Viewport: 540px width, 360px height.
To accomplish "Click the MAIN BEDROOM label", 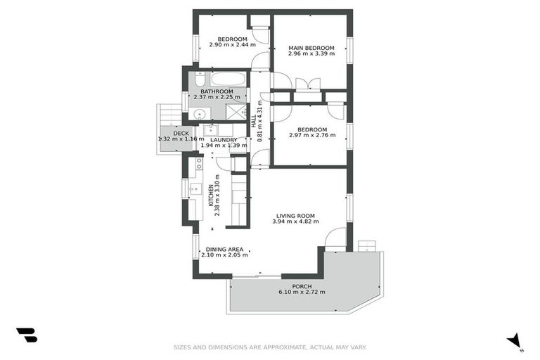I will pos(311,49).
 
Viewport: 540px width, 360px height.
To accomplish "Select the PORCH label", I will pos(302,286).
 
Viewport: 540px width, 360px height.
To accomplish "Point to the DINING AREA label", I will pos(224,249).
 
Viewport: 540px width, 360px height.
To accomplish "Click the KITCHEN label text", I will pos(210,194).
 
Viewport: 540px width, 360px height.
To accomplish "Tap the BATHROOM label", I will pos(217,91).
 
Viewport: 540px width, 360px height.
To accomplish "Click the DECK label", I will pos(181,133).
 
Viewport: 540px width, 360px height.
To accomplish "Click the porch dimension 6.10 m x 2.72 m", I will pos(302,292).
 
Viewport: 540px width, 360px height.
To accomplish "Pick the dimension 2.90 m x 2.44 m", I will pos(232,44).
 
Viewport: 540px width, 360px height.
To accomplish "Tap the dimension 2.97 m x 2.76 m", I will pos(311,136).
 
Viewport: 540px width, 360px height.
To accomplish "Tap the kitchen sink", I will pos(195,188).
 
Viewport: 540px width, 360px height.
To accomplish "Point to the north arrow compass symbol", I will pos(515,340).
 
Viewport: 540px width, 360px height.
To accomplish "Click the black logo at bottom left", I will pos(27,335).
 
